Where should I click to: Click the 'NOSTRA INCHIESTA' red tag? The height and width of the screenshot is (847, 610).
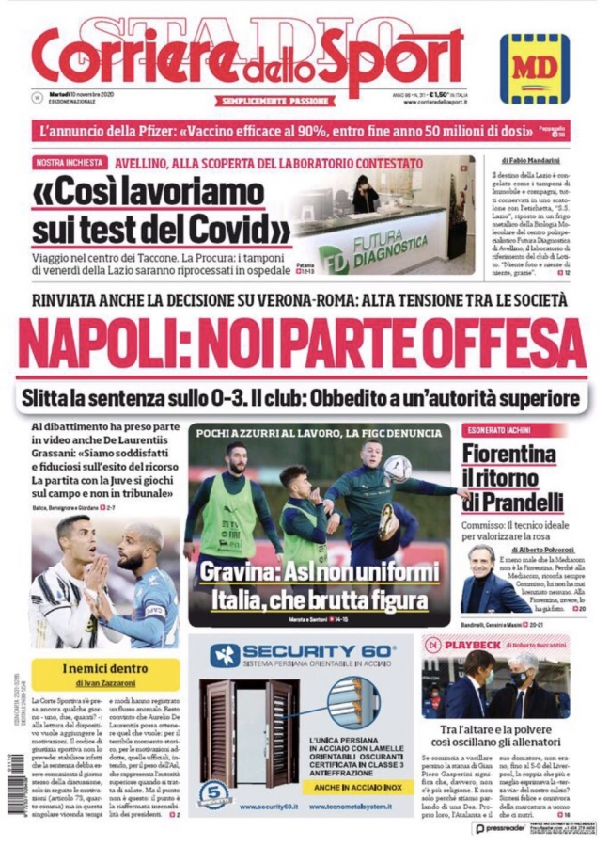point(70,163)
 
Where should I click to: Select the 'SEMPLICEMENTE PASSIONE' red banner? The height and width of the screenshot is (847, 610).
point(274,101)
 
